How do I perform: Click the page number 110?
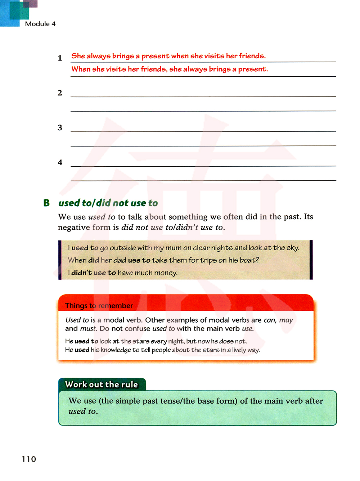coord(29,459)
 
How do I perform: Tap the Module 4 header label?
coord(40,24)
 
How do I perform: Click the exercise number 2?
coord(60,93)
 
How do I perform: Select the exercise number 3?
coord(60,128)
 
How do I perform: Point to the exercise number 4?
coord(60,162)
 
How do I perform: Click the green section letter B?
coord(46,203)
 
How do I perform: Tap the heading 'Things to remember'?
coord(99,306)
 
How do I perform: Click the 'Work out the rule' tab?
coord(102,385)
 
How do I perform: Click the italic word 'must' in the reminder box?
coord(87,329)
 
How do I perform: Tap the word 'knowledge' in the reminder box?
coord(116,350)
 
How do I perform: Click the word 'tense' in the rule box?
coord(172,401)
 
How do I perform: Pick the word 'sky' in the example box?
coord(292,248)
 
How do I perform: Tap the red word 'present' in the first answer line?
coord(155,56)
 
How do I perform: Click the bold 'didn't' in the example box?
coord(82,273)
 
